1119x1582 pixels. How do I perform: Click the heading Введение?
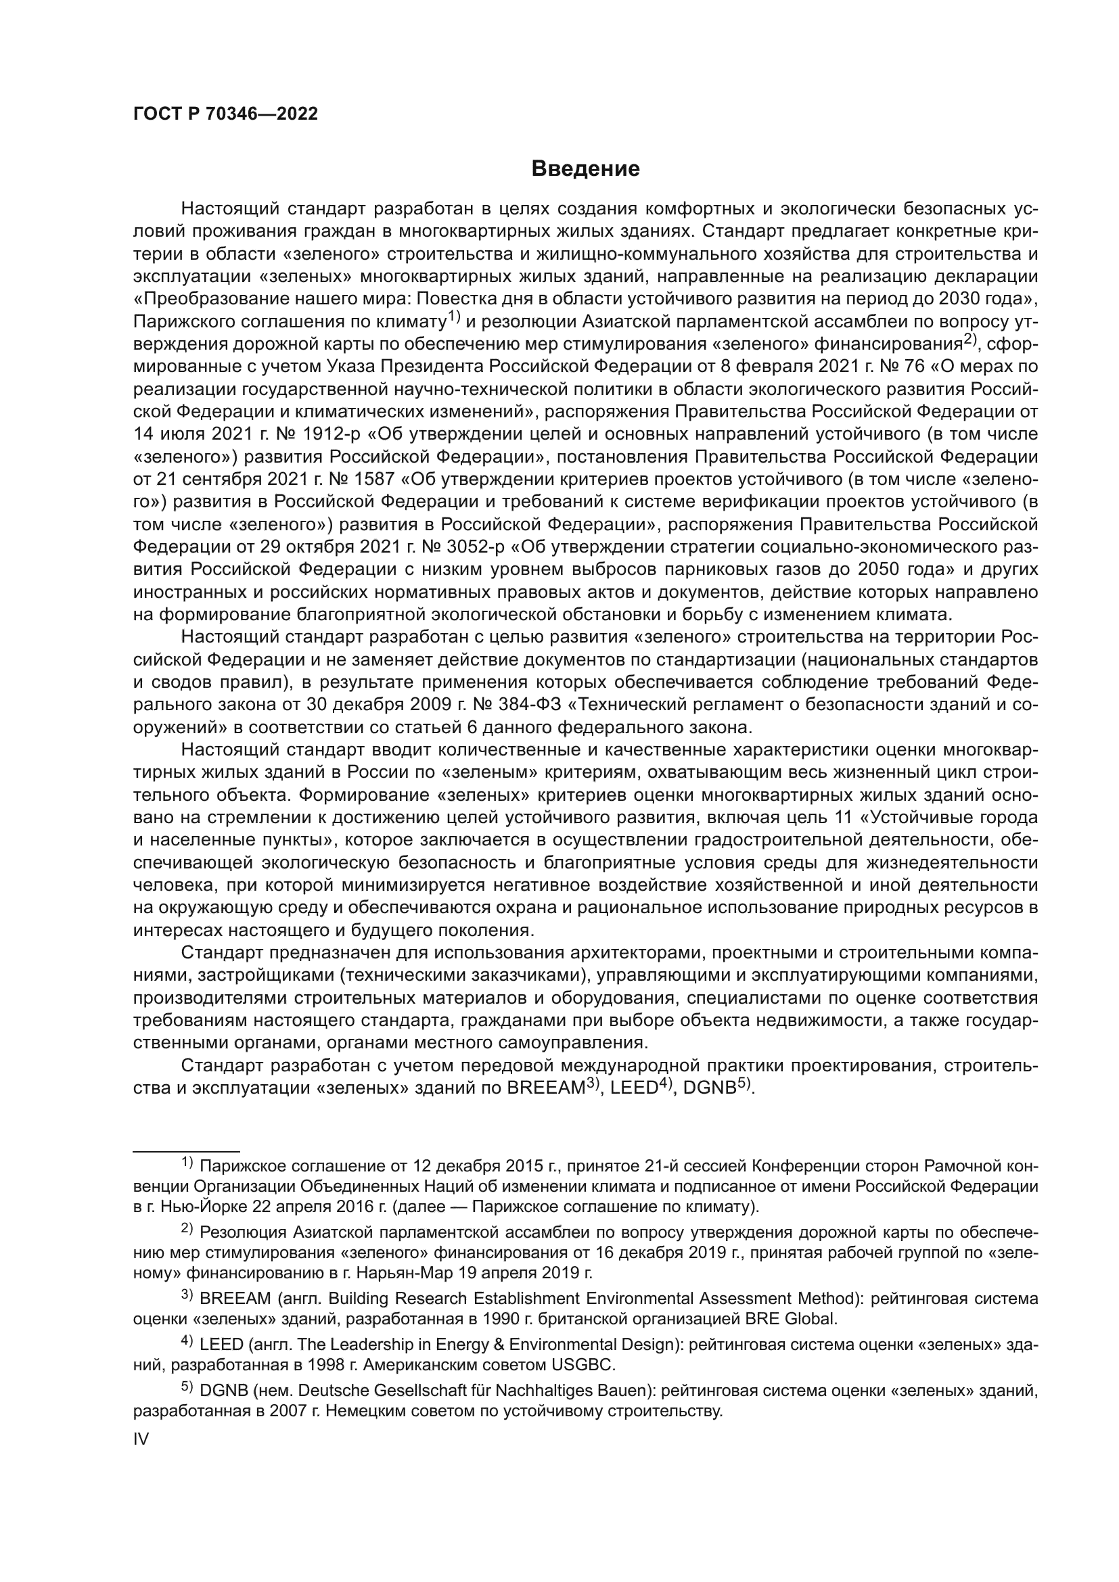pyautogui.click(x=586, y=169)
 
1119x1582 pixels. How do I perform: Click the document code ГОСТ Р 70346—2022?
pyautogui.click(x=225, y=114)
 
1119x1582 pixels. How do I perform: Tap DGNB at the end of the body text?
pyautogui.click(x=710, y=1088)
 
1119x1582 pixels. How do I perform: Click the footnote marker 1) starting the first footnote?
pyautogui.click(x=187, y=1165)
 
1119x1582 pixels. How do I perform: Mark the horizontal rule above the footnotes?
pyautogui.click(x=186, y=1150)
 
